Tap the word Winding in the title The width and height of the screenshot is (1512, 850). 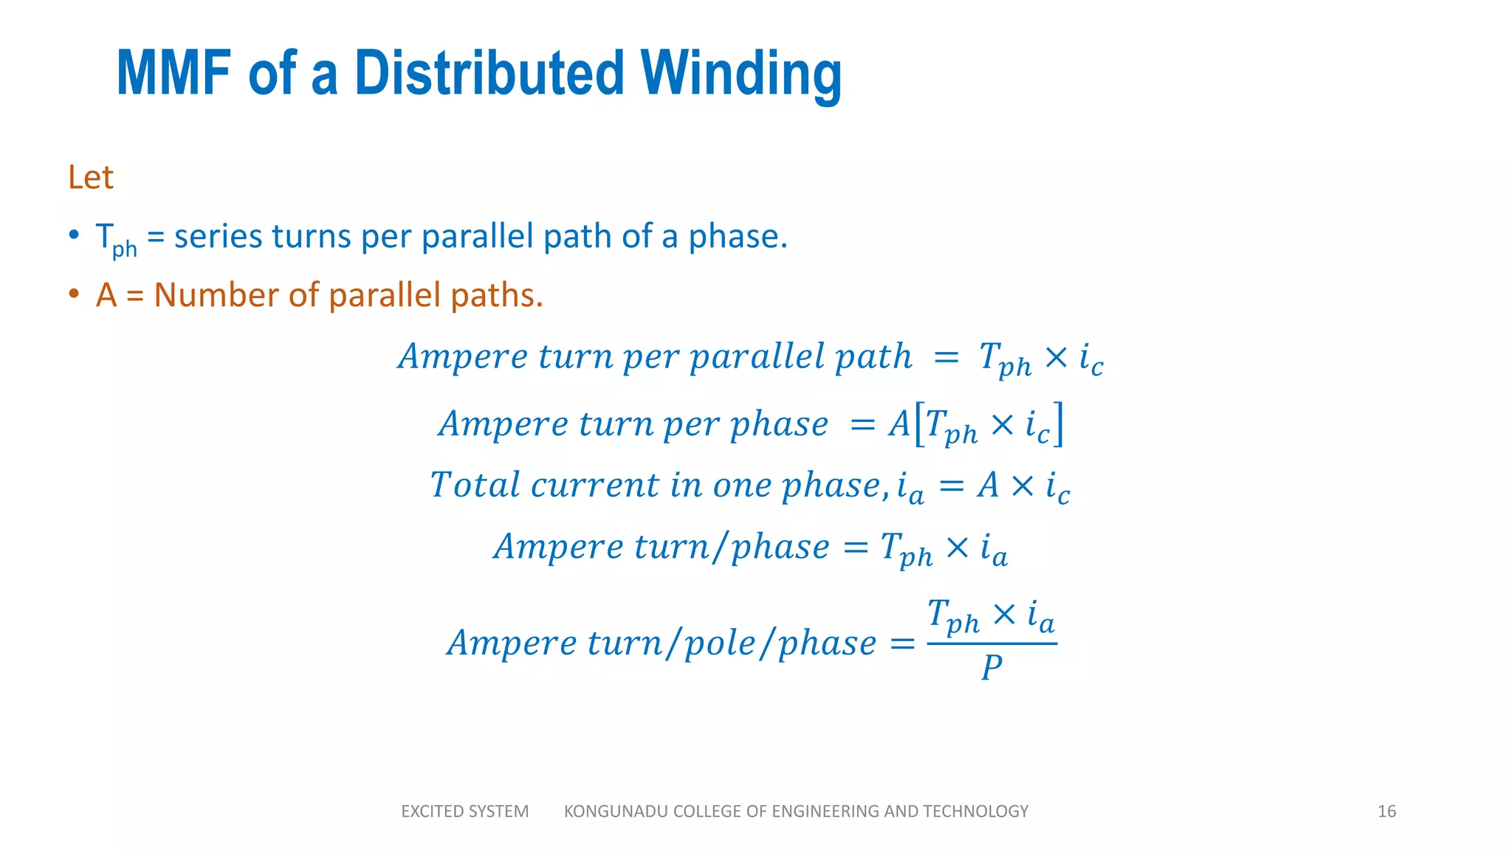[741, 75]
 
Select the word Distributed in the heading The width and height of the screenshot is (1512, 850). [489, 73]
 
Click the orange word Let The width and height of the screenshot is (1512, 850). [90, 178]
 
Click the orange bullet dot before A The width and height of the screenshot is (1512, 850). [73, 294]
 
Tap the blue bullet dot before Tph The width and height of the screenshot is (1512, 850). [73, 235]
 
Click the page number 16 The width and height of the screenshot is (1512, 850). [1386, 812]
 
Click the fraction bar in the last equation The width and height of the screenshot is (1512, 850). [992, 644]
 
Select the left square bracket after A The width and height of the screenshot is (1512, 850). [919, 424]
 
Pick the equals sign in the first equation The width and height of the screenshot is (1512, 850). [946, 358]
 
